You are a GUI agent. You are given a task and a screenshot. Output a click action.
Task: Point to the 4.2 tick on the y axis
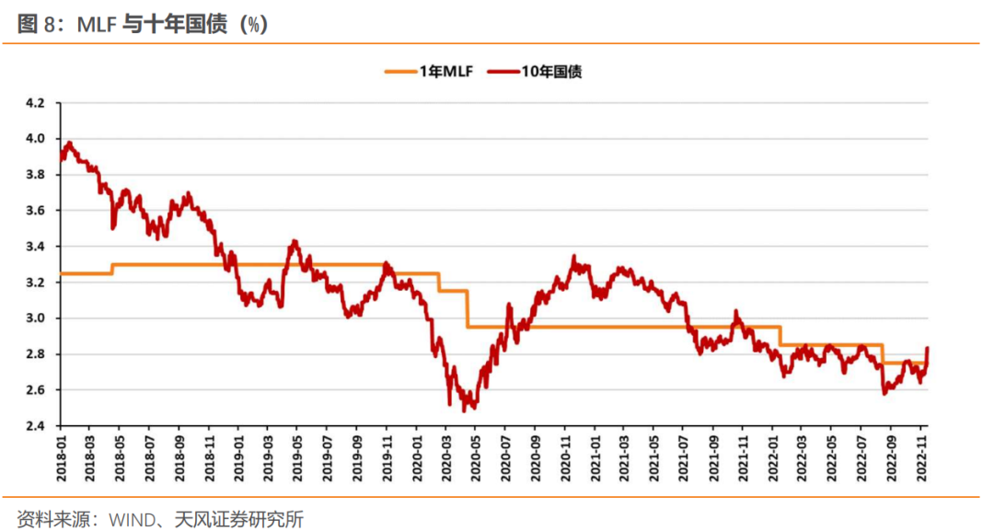35,103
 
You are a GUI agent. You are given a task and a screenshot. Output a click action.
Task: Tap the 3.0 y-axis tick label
35,318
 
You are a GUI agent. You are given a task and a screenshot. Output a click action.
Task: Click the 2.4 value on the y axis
35,426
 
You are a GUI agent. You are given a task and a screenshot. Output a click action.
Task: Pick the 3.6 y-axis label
35,211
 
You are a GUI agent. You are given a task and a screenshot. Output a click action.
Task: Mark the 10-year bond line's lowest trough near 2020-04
465,410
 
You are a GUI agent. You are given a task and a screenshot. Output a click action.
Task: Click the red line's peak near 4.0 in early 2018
69,143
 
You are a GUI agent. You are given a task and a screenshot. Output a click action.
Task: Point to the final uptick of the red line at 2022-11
928,348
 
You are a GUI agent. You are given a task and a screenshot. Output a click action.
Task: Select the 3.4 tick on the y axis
35,247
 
